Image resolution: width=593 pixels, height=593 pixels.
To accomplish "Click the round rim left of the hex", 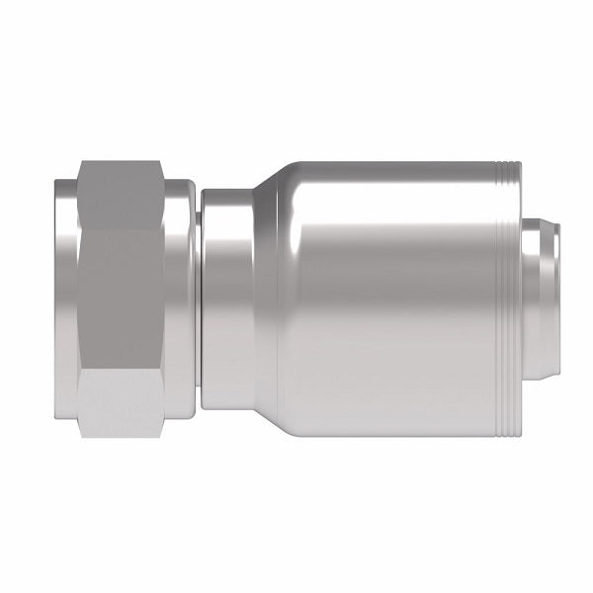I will click(63, 296).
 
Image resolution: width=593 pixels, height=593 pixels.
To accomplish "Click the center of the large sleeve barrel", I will click(395, 296).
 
